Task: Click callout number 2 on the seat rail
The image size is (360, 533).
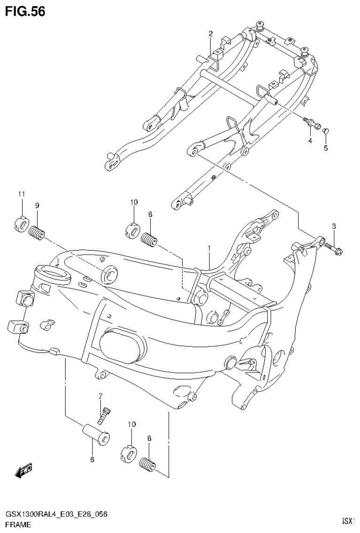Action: tap(211, 33)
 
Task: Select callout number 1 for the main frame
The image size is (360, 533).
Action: tap(209, 248)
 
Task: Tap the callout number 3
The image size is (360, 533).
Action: tap(334, 227)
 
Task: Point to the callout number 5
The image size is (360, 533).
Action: tap(326, 148)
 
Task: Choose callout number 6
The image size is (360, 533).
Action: tap(92, 459)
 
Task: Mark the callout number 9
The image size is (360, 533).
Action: tap(37, 205)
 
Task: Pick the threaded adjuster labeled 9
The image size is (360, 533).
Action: tap(36, 232)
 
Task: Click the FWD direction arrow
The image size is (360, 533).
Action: tap(24, 470)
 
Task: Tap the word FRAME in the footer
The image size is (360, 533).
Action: tap(18, 525)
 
